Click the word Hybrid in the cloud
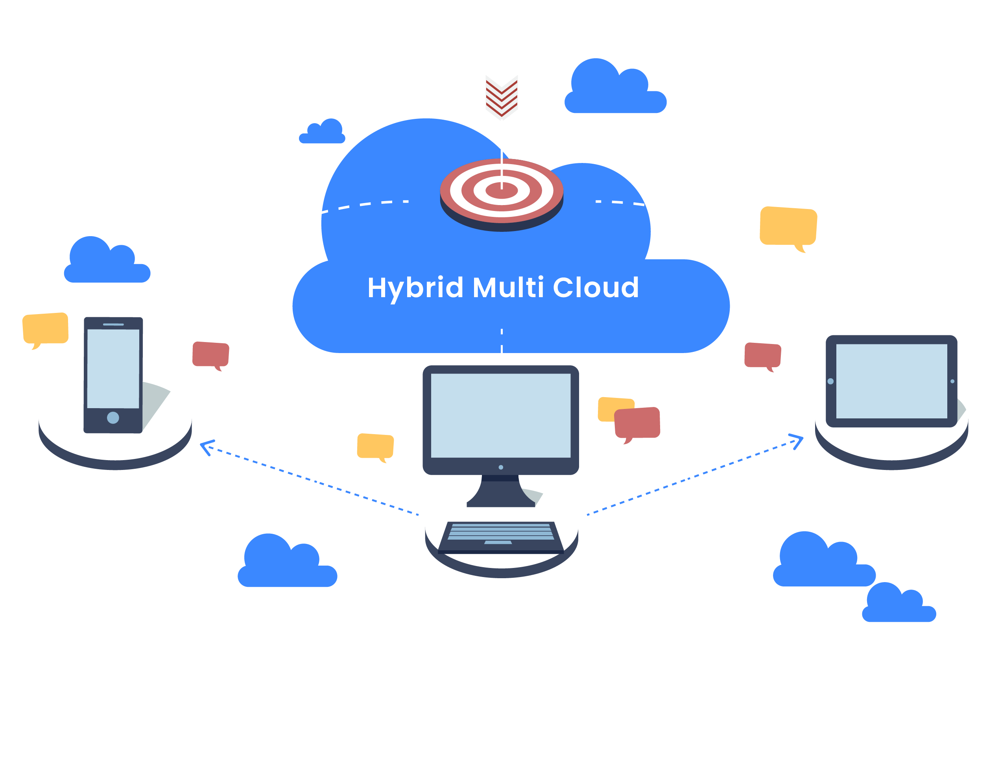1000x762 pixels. (414, 288)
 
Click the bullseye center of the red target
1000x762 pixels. (501, 190)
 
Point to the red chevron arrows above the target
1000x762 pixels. (501, 96)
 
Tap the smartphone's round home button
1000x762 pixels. (113, 417)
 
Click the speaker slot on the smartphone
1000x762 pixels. (113, 324)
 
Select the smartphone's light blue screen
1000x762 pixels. (113, 368)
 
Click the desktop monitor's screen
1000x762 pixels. (500, 415)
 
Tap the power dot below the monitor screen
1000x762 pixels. (500, 467)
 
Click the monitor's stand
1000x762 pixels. (500, 492)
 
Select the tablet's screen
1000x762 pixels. (891, 381)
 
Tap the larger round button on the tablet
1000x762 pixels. (830, 381)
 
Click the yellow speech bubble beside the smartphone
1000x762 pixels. (45, 328)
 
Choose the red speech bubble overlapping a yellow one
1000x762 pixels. (637, 423)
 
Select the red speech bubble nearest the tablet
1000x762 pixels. (762, 355)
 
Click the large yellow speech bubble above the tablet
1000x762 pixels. (788, 226)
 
